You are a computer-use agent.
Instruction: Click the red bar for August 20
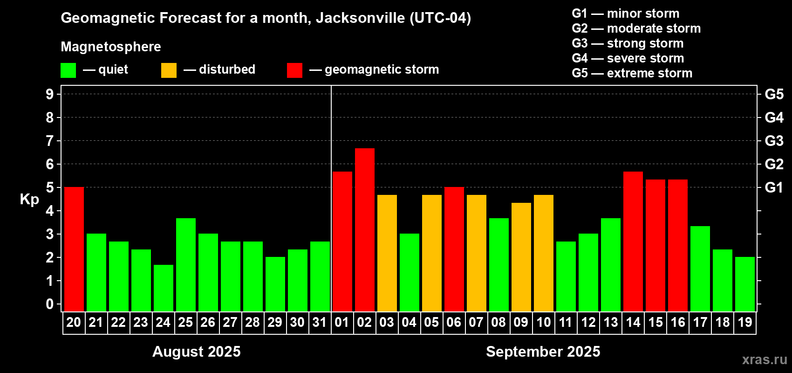point(74,249)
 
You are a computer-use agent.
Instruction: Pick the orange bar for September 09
point(521,257)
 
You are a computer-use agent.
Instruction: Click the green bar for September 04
point(410,272)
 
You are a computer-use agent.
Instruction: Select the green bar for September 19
point(745,284)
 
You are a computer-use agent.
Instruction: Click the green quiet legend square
point(68,70)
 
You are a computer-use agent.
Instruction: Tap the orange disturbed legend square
point(169,70)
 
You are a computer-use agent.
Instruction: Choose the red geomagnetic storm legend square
point(294,70)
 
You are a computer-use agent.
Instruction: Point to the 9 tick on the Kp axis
point(50,94)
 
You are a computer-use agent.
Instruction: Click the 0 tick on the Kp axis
point(50,304)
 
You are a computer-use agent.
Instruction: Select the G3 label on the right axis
point(774,141)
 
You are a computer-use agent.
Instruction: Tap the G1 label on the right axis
point(774,187)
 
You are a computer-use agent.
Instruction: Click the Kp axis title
point(29,200)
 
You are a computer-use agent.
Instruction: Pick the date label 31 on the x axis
point(320,322)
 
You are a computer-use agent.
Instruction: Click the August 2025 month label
point(197,352)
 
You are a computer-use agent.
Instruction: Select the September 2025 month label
point(543,352)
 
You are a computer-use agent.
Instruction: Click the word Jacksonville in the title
point(360,18)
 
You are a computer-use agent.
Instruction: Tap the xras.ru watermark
point(765,359)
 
